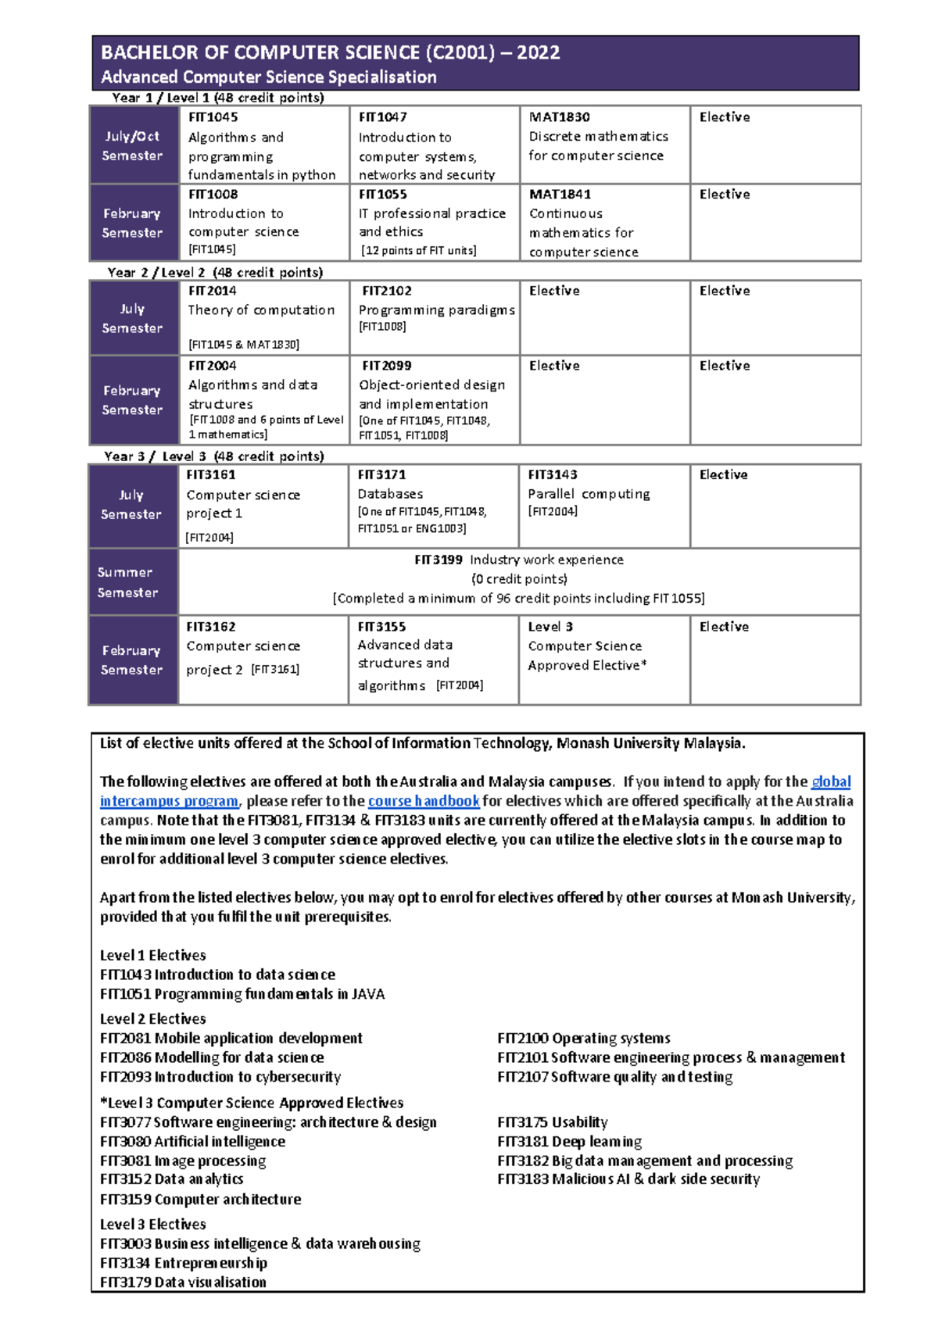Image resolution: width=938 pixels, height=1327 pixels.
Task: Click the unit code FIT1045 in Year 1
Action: pyautogui.click(x=213, y=117)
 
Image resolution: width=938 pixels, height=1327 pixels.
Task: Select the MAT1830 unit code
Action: pyautogui.click(x=559, y=117)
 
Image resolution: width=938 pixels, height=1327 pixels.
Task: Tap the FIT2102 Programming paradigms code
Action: pyautogui.click(x=386, y=291)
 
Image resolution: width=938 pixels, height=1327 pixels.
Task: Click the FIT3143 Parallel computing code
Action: pyautogui.click(x=552, y=474)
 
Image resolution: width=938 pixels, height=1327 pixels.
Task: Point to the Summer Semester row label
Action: pyautogui.click(x=127, y=582)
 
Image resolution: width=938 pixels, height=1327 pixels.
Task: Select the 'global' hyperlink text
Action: pyautogui.click(x=831, y=782)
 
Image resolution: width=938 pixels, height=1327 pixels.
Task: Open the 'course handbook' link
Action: pyautogui.click(x=424, y=801)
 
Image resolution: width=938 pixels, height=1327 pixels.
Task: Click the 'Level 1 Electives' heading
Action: pyautogui.click(x=153, y=955)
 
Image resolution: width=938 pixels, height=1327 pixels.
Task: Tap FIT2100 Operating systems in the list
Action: pyautogui.click(x=584, y=1038)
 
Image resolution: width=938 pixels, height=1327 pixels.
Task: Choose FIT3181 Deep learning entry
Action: pyautogui.click(x=569, y=1142)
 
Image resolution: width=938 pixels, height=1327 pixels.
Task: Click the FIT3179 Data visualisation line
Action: pyautogui.click(x=183, y=1282)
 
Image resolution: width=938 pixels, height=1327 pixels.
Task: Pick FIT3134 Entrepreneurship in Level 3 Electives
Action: pyautogui.click(x=184, y=1263)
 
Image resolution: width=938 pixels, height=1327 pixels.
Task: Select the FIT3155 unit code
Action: pyautogui.click(x=381, y=627)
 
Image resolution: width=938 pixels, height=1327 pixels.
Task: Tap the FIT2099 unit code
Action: pyautogui.click(x=386, y=366)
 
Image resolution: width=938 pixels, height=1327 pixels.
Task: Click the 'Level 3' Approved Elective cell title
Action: pyautogui.click(x=550, y=627)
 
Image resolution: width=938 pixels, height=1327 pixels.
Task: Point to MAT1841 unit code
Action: pyautogui.click(x=560, y=195)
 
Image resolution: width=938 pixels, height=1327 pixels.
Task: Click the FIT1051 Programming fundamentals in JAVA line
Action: pyautogui.click(x=242, y=994)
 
